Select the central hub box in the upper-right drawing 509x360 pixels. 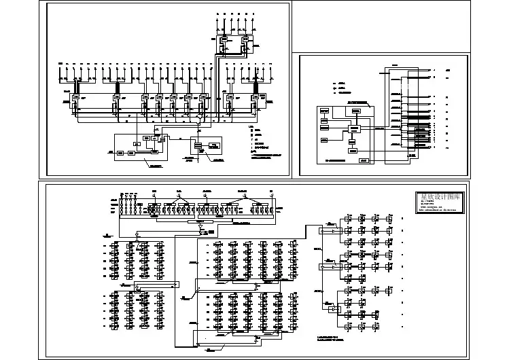pyautogui.click(x=354, y=129)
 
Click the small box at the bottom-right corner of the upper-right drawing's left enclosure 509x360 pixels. pyautogui.click(x=364, y=160)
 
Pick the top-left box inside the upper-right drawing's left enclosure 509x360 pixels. pyautogui.click(x=325, y=110)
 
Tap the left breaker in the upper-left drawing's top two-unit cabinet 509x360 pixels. pyautogui.click(x=224, y=41)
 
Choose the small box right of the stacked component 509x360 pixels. pyautogui.click(x=215, y=145)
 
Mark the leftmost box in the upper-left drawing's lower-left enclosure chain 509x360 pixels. pyautogui.click(x=120, y=154)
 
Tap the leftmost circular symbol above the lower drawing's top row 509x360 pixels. pyautogui.click(x=154, y=195)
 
